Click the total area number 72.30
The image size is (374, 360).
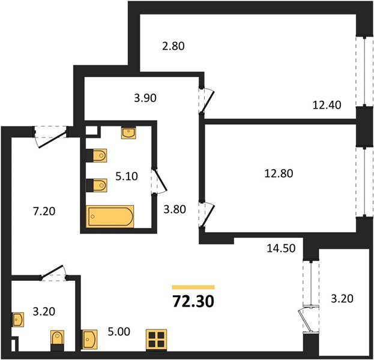(x=193, y=301)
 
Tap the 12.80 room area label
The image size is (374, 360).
(x=279, y=173)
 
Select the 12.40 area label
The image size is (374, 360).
(x=327, y=105)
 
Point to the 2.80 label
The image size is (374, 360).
(x=173, y=46)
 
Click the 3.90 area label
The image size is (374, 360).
(x=145, y=98)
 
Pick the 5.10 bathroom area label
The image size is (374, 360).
(x=127, y=176)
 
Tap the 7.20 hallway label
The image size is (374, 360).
(x=44, y=211)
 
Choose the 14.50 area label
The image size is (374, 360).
(x=281, y=248)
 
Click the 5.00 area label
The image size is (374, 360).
(x=119, y=332)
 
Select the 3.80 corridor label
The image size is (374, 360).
(x=175, y=209)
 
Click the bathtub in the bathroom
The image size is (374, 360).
(x=110, y=216)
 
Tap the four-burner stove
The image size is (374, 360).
(x=157, y=340)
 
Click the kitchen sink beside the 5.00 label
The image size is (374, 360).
(x=89, y=339)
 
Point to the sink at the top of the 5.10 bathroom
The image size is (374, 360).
(x=128, y=133)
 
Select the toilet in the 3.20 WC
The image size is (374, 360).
(x=57, y=340)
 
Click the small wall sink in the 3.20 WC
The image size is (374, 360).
(x=18, y=319)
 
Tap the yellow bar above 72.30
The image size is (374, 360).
(x=193, y=287)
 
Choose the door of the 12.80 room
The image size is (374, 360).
(x=207, y=215)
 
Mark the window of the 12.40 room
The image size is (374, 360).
(x=365, y=71)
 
